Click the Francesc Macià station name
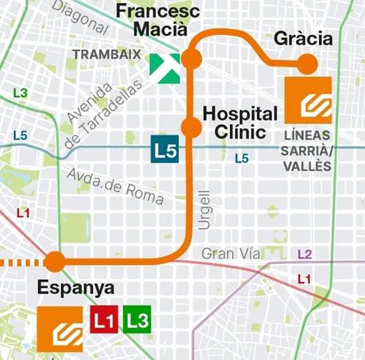[152, 21]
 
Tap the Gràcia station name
[302, 39]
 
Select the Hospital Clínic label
[240, 122]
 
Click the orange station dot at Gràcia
[307, 64]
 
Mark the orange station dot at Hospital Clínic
[190, 127]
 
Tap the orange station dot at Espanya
[55, 262]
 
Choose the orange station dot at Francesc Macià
[190, 59]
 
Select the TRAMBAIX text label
[106, 55]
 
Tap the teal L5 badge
[164, 150]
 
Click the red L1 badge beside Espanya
[104, 320]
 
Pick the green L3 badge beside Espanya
[136, 320]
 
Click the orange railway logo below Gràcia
[308, 100]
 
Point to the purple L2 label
[304, 255]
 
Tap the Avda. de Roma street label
[116, 186]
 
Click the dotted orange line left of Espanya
[20, 262]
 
